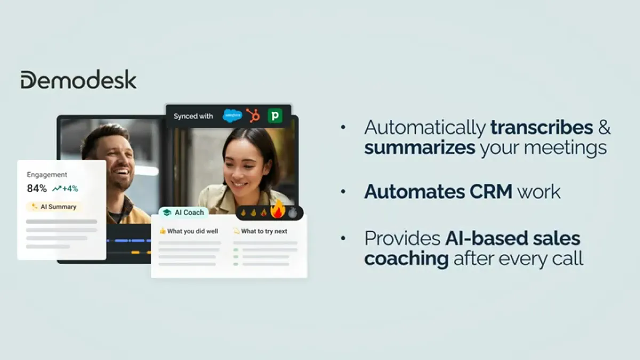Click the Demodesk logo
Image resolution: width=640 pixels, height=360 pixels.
(78, 79)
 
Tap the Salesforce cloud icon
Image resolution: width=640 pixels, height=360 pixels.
(232, 115)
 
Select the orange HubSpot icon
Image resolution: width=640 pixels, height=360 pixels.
(253, 115)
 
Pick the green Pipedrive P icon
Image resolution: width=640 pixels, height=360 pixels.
(275, 115)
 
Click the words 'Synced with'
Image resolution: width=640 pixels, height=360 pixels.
(193, 116)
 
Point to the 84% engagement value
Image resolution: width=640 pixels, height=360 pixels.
(37, 188)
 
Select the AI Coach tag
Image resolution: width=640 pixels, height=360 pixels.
(183, 212)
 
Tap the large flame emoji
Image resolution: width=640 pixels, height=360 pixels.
(277, 210)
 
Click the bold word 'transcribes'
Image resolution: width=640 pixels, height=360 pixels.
(542, 128)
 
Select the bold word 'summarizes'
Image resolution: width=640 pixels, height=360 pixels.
(419, 148)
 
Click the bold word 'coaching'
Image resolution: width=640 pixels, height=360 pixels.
(406, 258)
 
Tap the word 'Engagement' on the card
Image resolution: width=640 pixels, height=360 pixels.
(47, 174)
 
